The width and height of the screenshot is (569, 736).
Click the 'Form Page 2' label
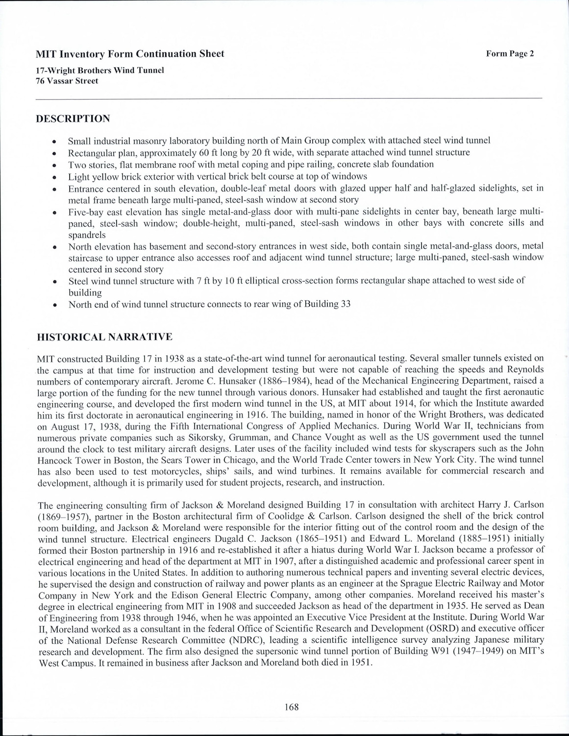click(510, 54)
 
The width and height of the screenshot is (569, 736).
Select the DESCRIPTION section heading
click(74, 119)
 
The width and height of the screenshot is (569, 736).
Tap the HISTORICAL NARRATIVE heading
click(105, 337)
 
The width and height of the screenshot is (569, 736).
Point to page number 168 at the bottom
click(291, 707)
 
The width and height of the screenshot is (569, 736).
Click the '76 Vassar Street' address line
click(67, 81)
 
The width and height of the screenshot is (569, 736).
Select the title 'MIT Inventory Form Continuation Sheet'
click(130, 54)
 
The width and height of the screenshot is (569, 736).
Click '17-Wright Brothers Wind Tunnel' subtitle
click(99, 70)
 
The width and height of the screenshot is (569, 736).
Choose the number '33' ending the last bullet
click(346, 304)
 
